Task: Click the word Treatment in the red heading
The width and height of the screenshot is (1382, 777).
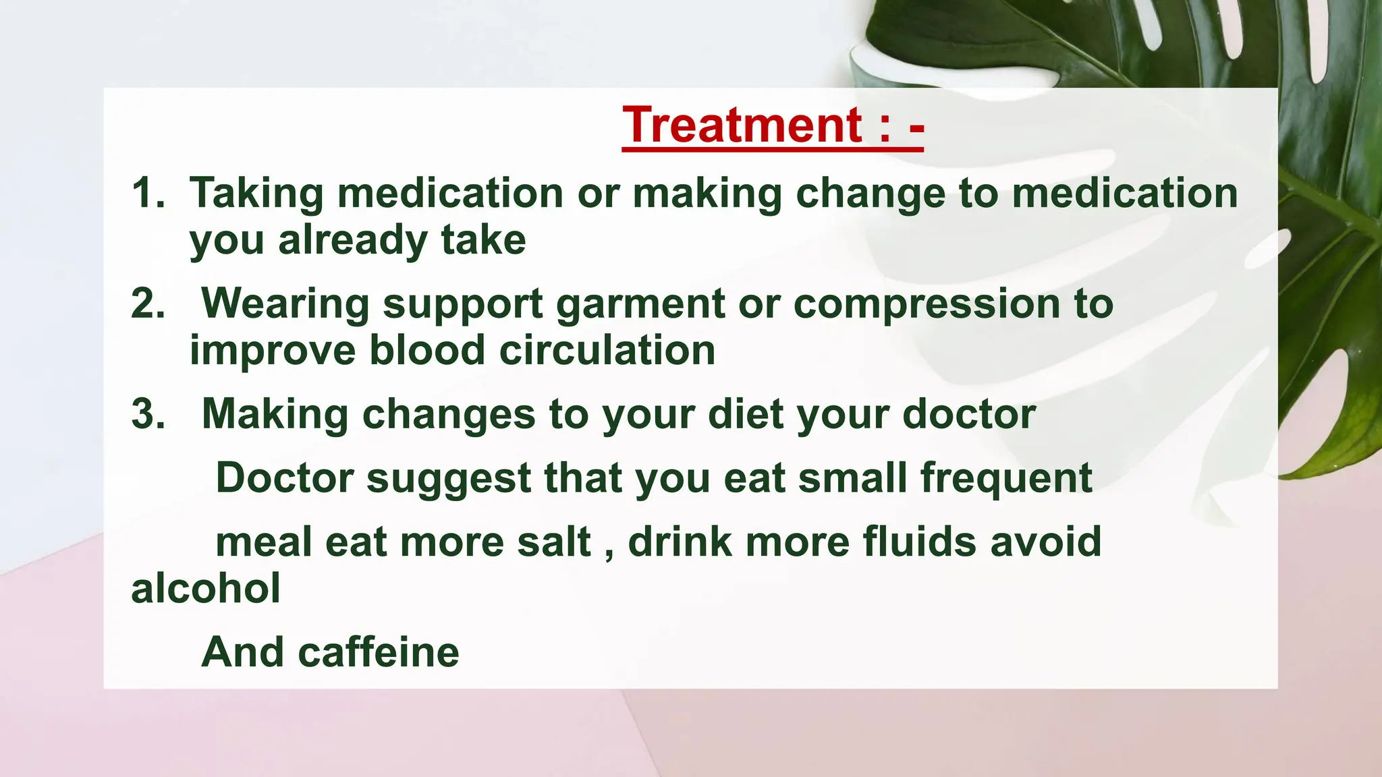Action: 743,125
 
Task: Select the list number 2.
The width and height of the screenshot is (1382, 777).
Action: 148,304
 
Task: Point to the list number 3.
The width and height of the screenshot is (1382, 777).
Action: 148,413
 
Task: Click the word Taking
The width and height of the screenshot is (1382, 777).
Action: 256,194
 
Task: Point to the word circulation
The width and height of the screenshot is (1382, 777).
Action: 607,351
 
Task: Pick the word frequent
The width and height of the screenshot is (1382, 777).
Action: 1006,479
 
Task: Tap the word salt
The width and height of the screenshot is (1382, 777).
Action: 554,542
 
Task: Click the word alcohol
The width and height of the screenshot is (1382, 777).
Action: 206,588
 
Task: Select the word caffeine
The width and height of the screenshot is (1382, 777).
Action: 379,652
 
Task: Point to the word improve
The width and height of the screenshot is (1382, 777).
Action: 272,352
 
